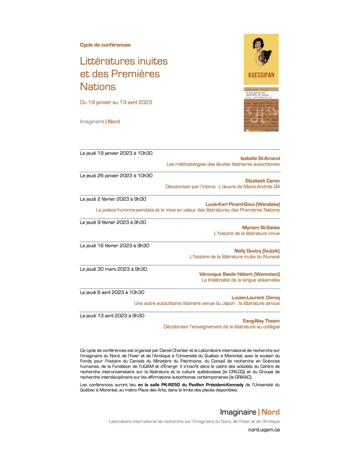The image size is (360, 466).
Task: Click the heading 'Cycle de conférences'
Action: [x=105, y=45]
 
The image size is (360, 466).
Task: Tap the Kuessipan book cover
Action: [x=261, y=59]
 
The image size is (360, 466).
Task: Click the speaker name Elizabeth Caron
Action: [x=263, y=181]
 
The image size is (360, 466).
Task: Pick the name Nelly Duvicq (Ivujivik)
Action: [x=257, y=251]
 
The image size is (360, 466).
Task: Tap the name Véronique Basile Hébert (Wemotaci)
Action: [x=239, y=274]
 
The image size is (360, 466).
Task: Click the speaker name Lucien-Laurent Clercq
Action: [x=256, y=298]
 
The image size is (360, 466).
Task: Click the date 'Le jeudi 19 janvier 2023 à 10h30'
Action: [x=116, y=152]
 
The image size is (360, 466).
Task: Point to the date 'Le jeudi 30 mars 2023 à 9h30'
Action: [x=113, y=269]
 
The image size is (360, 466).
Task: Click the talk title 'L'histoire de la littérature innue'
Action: [x=247, y=233]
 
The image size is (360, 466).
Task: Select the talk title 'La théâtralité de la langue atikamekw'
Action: [x=240, y=280]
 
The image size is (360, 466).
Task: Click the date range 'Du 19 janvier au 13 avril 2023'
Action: [x=116, y=102]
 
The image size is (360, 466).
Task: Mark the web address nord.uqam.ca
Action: [x=264, y=430]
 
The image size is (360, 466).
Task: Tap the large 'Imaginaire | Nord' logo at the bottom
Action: [x=250, y=412]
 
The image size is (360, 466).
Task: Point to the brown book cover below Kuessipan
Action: [x=261, y=109]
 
